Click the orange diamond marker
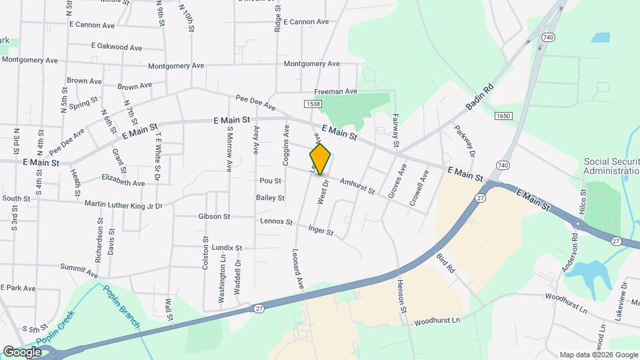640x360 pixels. pos(321,159)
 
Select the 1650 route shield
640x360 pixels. pos(503,116)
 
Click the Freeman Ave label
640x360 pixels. pos(336,91)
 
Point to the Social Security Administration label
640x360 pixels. pos(611,166)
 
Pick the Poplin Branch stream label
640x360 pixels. pos(121,306)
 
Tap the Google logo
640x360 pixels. pos(22,351)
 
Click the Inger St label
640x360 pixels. pos(321,231)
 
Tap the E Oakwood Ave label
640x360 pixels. pos(117,47)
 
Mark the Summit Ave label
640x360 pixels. pos(79,270)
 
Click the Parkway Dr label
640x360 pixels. pos(465,141)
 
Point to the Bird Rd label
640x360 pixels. pos(446,265)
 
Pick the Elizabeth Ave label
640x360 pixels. pos(123,180)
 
